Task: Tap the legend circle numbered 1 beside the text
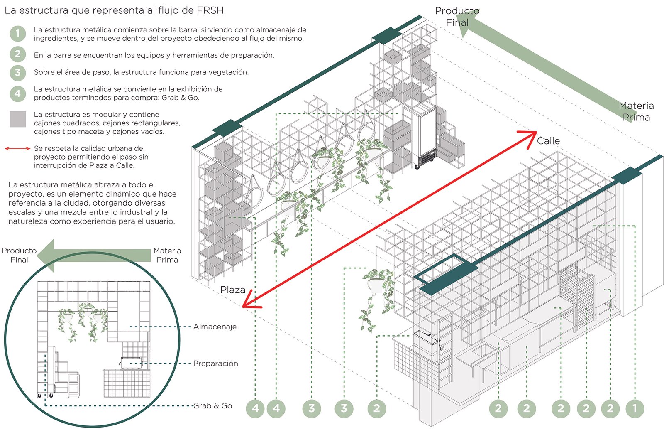(17, 34)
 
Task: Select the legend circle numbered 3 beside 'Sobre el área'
(17, 72)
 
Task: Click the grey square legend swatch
(17, 119)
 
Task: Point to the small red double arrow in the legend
(17, 148)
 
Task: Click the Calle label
(548, 141)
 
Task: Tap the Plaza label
(232, 290)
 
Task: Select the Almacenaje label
(215, 327)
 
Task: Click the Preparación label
(215, 364)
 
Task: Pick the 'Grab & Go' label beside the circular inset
(212, 406)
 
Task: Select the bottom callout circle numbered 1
(635, 409)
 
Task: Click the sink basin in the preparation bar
(483, 351)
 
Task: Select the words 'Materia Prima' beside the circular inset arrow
(167, 255)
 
